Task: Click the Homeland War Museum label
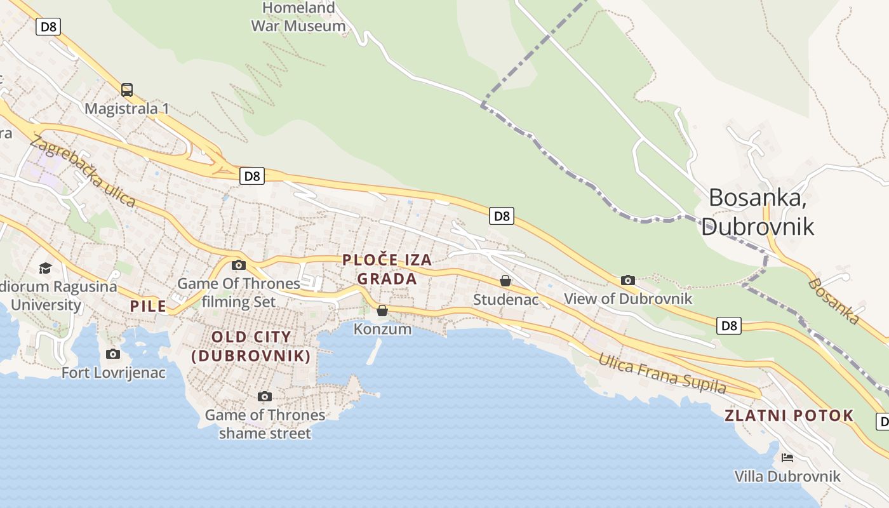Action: [298, 17]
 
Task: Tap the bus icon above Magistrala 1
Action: [127, 90]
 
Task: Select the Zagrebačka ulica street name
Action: [83, 172]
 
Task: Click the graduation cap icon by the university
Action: [45, 268]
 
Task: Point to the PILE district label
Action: [148, 306]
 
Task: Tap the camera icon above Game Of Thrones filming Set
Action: [239, 265]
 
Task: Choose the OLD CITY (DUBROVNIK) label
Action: [251, 347]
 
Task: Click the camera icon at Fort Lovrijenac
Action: [113, 354]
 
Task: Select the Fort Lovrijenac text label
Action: [114, 373]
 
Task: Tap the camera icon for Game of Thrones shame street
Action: [265, 397]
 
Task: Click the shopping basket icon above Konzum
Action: [382, 311]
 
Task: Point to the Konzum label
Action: [382, 329]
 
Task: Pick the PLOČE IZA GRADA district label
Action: [387, 269]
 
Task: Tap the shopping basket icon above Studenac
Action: [505, 281]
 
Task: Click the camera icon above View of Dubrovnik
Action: [628, 280]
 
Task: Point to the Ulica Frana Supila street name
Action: [662, 373]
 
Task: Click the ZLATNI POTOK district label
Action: [789, 416]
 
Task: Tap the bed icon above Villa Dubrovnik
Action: [787, 458]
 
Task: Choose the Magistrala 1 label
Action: [127, 109]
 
